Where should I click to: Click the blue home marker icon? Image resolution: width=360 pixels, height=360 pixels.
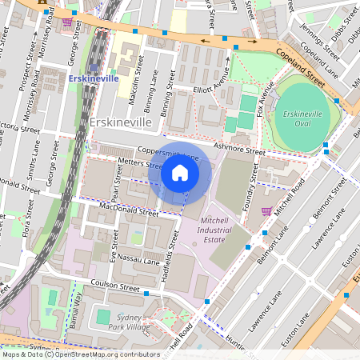click(x=180, y=173)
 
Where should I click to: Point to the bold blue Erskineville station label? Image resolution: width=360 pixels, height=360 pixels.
click(x=94, y=79)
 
